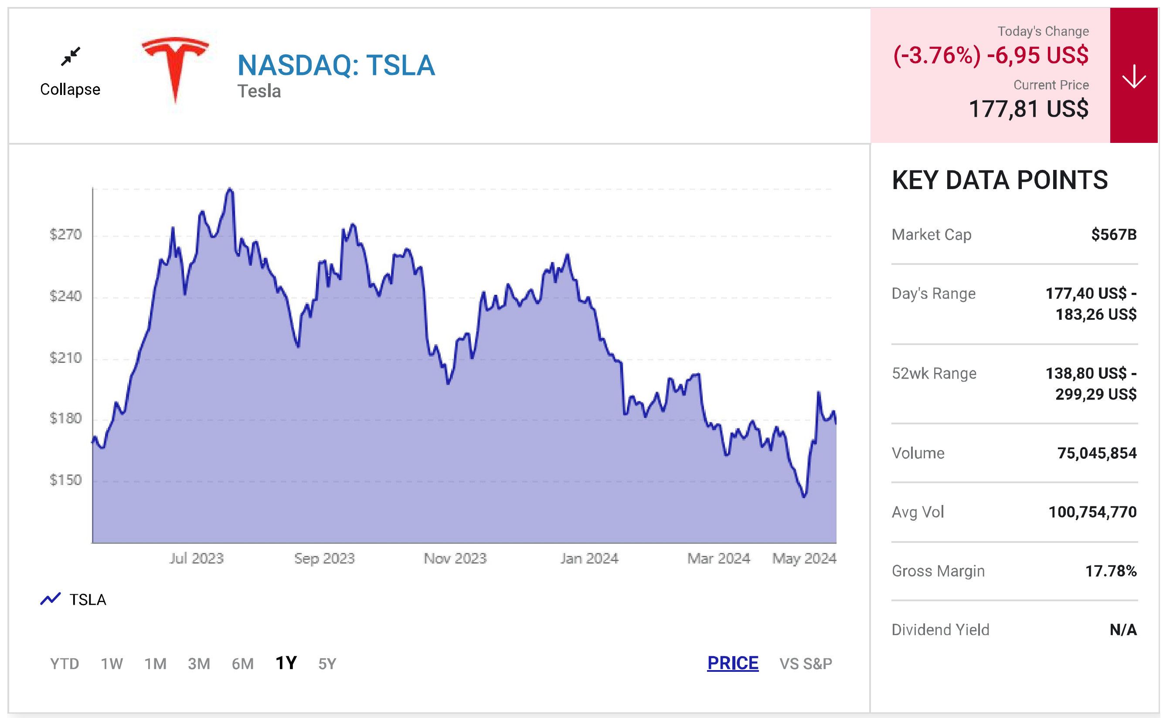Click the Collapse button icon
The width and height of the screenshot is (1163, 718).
point(71,57)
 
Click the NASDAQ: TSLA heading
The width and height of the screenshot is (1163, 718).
point(336,65)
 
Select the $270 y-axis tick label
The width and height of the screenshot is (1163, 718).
point(65,234)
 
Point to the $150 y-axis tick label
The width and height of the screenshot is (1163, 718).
point(65,480)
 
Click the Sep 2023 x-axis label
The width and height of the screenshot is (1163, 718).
point(324,558)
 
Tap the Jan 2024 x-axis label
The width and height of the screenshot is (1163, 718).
point(589,558)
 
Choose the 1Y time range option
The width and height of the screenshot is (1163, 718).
point(286,663)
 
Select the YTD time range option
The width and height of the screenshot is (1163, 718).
point(65,664)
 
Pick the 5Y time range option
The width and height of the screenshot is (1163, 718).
point(327,664)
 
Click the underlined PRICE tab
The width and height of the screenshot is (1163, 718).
point(733,663)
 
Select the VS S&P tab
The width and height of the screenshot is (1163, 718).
point(806,664)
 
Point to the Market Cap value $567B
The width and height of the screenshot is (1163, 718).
point(1114,234)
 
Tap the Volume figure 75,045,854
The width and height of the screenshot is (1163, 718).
point(1097,453)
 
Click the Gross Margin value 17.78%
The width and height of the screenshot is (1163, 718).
point(1111,571)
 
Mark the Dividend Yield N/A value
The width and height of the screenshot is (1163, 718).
point(1123,630)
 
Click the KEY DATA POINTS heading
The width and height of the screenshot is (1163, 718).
point(1000,180)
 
